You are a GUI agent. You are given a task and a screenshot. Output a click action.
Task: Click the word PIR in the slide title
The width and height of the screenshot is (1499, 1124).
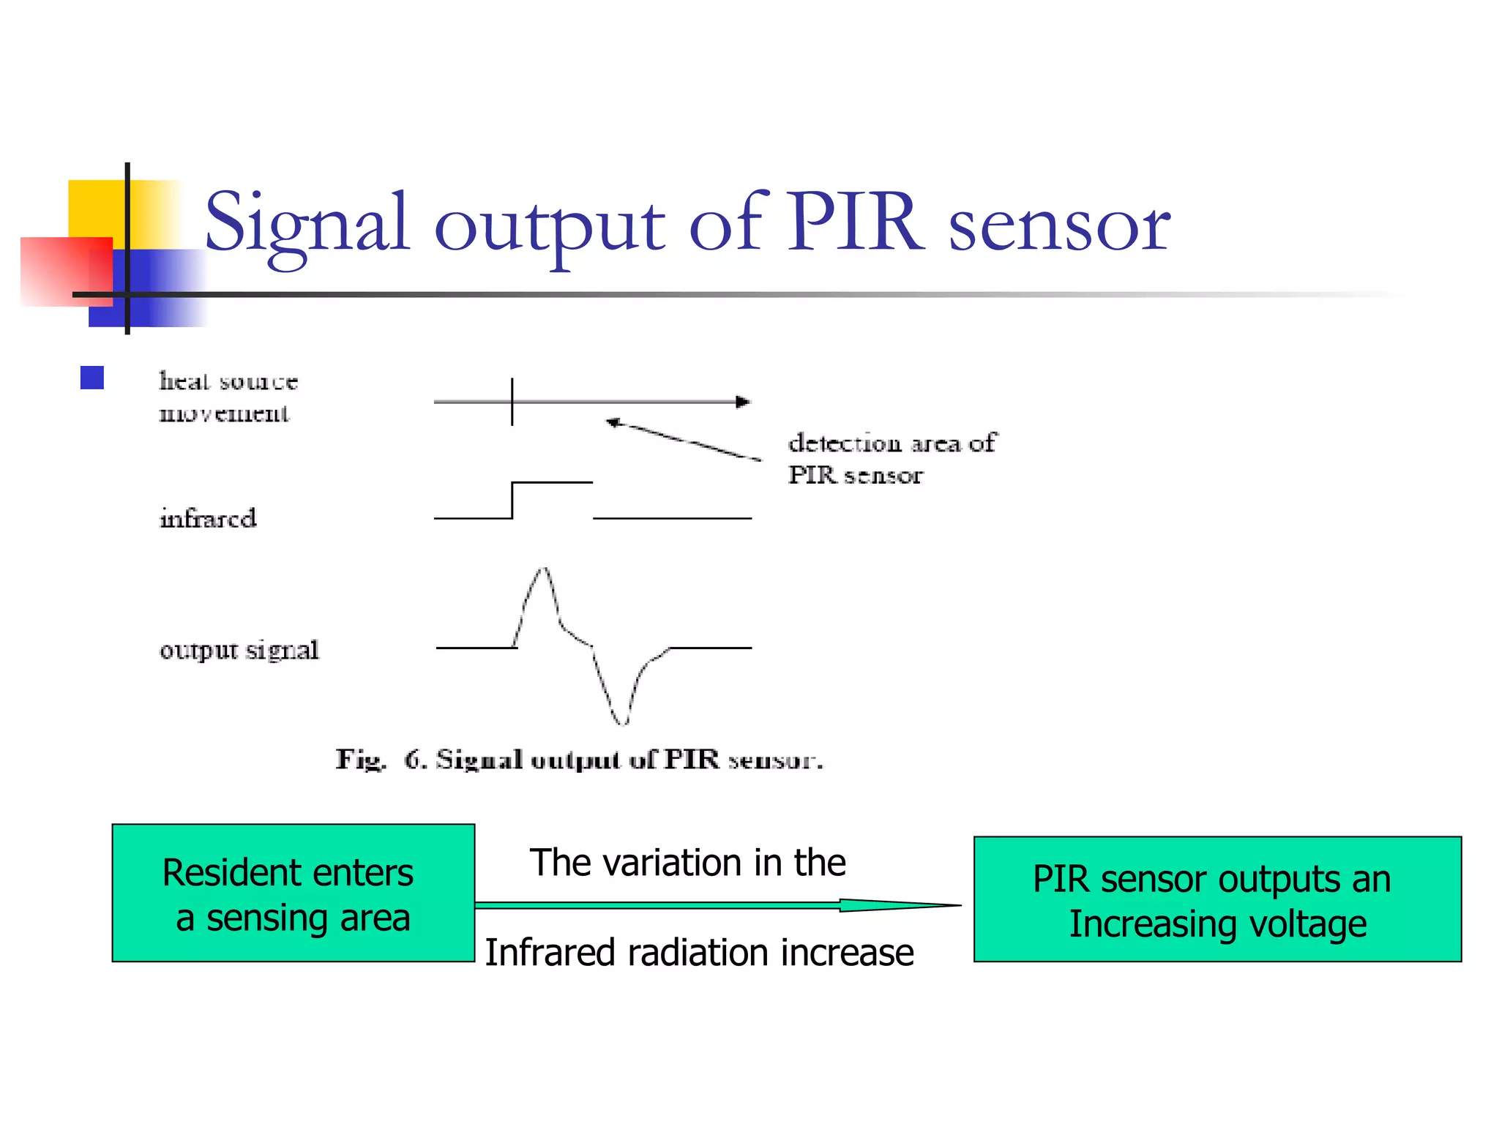853,222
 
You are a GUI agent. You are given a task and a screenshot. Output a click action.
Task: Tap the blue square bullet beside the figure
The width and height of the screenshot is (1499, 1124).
92,378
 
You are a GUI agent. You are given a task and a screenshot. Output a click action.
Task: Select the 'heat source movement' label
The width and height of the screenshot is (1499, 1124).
228,397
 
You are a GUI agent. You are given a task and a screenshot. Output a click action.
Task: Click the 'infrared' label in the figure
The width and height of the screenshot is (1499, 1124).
209,518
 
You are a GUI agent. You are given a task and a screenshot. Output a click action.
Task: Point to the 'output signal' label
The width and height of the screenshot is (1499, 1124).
239,650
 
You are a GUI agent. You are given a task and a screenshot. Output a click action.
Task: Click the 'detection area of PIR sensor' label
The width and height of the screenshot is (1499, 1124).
891,459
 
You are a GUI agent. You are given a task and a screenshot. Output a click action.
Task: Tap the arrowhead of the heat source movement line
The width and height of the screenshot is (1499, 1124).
743,402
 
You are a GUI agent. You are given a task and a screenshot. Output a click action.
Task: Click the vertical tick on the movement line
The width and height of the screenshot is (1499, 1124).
512,402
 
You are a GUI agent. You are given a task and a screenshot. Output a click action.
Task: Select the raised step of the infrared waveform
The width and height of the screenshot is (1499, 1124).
552,483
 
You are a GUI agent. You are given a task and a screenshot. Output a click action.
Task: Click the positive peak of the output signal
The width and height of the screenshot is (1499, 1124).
543,570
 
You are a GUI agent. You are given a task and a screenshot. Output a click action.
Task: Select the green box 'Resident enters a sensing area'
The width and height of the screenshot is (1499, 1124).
293,893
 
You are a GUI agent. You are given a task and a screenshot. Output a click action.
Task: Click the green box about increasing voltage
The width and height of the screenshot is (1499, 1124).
1217,899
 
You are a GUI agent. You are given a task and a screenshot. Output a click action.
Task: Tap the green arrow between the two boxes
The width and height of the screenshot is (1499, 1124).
717,906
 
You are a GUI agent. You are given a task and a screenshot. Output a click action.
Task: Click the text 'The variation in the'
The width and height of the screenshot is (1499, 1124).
687,863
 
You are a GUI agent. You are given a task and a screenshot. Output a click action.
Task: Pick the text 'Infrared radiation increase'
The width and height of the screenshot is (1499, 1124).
699,953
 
